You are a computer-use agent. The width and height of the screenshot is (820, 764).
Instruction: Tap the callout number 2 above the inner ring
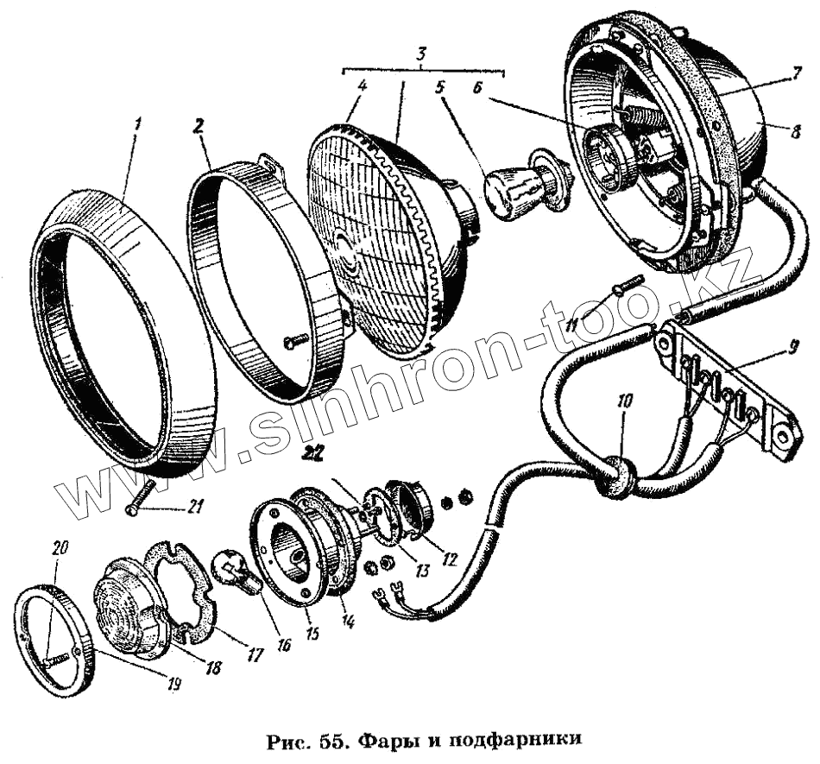(x=199, y=126)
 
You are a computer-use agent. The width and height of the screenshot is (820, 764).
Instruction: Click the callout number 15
(x=312, y=632)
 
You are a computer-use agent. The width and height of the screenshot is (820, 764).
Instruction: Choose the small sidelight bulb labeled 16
(x=235, y=570)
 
